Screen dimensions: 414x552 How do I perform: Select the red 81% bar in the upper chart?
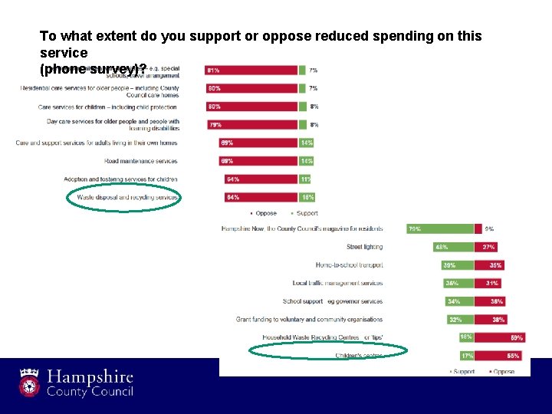[x=251, y=70]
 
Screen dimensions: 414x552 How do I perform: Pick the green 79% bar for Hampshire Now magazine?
[x=439, y=228]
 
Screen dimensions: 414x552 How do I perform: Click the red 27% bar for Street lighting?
[x=488, y=247]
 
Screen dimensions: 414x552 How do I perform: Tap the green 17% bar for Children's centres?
[x=466, y=356]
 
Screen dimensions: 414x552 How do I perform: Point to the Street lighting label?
[x=364, y=247]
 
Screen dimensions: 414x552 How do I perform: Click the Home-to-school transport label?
[x=349, y=265]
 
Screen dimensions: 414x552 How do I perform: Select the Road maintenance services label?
[x=140, y=161]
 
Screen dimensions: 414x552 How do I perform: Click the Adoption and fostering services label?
[x=120, y=179]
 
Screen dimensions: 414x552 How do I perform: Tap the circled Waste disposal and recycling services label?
[x=127, y=197]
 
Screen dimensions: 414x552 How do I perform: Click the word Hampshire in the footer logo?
[x=90, y=377]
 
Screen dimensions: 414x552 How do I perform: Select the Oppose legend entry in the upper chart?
[x=264, y=213]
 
